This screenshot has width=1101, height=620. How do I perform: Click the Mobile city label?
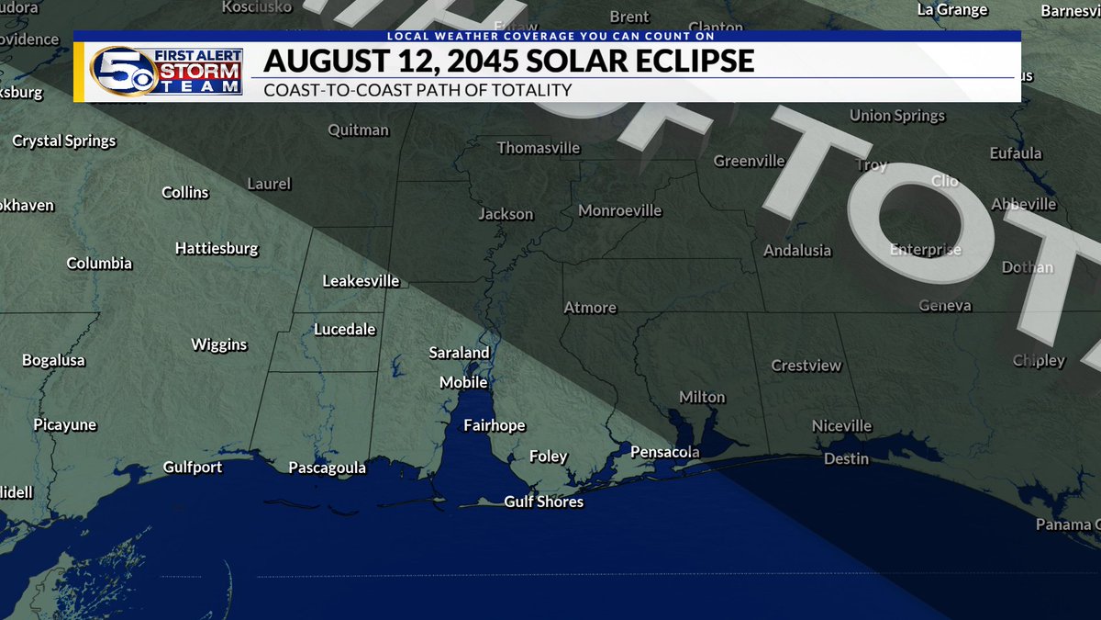[x=463, y=382]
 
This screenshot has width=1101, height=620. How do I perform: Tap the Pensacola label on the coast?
[x=665, y=452]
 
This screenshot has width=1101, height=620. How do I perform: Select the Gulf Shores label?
[x=543, y=502]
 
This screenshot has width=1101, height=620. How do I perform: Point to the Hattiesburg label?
[x=217, y=249]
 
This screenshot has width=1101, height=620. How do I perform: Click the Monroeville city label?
[x=619, y=211]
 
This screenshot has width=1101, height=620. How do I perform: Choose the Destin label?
[x=846, y=458]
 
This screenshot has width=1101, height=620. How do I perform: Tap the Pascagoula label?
[x=327, y=468]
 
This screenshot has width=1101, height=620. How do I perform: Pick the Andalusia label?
[x=797, y=250]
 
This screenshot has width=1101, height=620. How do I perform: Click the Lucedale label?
[x=344, y=329]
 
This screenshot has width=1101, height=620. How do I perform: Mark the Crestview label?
[x=806, y=366]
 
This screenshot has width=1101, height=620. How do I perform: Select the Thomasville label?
[x=539, y=148]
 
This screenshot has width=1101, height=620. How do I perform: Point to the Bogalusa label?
[x=53, y=360]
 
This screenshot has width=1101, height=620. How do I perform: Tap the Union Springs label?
[x=896, y=116]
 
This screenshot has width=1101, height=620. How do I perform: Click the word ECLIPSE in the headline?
[x=685, y=62]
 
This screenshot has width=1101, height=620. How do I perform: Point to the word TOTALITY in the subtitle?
[x=531, y=90]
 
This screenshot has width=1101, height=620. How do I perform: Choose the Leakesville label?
[x=361, y=281]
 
